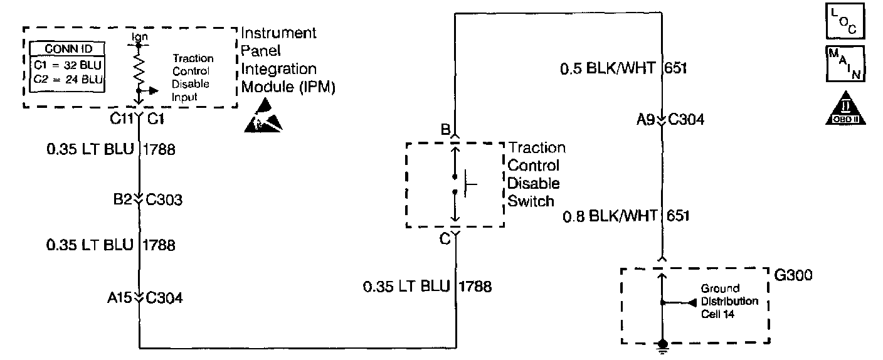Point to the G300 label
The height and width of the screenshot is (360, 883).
coord(794,275)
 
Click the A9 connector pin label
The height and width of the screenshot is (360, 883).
coord(645,120)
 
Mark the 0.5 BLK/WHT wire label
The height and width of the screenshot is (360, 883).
coord(608,68)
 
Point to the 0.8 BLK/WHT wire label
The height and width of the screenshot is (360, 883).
coord(608,216)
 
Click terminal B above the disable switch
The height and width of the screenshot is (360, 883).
coord(446,130)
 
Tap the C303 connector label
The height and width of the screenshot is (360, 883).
coord(164,201)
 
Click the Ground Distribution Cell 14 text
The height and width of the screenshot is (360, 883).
coord(729,301)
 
